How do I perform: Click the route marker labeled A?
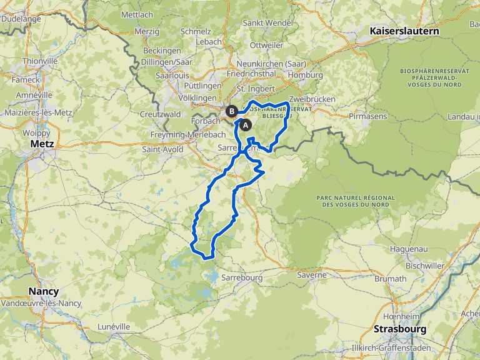point(246,125)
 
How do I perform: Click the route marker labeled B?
point(232,112)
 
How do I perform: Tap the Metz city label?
point(42,144)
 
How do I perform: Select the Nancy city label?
point(44,292)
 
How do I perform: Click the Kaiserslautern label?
point(404,31)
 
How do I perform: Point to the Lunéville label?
point(114,326)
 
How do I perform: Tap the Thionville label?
point(40,61)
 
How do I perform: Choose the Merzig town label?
point(147,31)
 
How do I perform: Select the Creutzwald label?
point(160,114)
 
